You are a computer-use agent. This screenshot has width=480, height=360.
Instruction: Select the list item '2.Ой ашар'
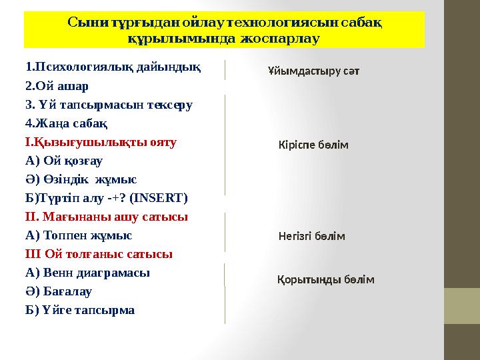tap(57, 86)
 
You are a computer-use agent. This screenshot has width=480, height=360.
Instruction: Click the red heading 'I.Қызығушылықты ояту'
tap(101, 142)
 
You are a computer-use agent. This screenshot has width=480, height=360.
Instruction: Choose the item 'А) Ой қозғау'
tap(64, 161)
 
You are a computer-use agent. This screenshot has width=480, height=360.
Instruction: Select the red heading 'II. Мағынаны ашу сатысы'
tap(107, 217)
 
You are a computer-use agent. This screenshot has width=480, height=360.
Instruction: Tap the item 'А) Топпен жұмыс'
tap(79, 235)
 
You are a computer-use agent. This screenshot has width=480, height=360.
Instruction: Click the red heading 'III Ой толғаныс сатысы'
tap(99, 254)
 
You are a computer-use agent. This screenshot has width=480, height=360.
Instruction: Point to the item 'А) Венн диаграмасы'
tap(87, 273)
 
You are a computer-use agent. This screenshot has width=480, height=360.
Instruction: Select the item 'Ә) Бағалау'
tap(59, 291)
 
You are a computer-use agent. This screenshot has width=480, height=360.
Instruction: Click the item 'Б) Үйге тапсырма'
tap(80, 310)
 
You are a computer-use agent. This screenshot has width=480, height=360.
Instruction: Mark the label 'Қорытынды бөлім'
tap(325, 280)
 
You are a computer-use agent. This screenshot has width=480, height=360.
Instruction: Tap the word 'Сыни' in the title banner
tap(85, 23)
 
